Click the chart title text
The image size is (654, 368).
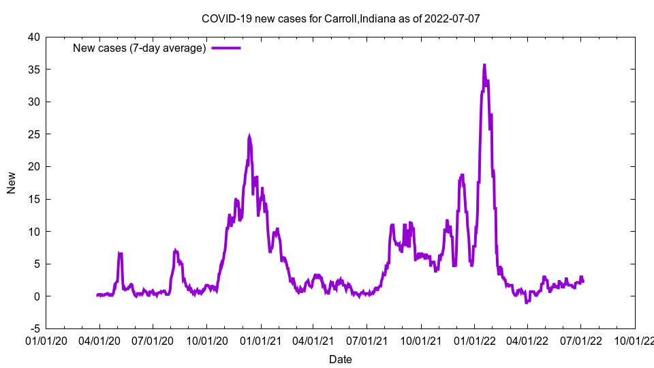[x=341, y=18]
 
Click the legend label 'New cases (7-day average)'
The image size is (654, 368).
[x=140, y=48]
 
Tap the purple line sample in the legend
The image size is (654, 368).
[x=226, y=48]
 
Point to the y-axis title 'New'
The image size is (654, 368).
[x=12, y=183]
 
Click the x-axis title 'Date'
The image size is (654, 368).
[x=341, y=359]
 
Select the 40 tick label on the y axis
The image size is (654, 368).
[x=33, y=37]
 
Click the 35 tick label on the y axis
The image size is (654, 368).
[x=33, y=70]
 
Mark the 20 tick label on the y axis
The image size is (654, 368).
[x=33, y=167]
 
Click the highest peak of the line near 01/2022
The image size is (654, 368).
[x=484, y=65]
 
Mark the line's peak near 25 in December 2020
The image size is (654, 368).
[x=249, y=136]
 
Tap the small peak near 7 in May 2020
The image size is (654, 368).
[x=120, y=254]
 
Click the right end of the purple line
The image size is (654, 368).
[x=583, y=281]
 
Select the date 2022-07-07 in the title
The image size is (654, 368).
[x=452, y=18]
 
